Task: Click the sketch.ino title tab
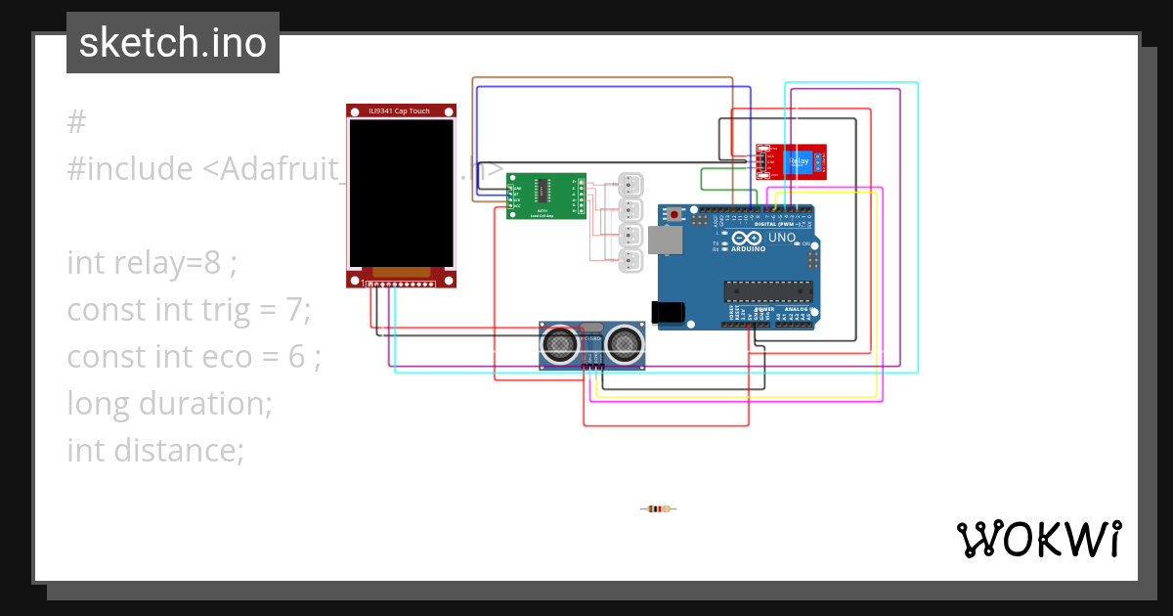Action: pos(172,43)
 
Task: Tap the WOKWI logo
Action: pos(1037,539)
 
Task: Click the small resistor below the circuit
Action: pos(659,508)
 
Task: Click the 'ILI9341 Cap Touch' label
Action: pos(401,111)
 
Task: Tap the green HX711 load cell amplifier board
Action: pos(545,197)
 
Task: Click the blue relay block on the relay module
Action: pos(799,161)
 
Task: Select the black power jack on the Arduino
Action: pos(668,312)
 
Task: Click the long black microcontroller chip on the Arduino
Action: pos(768,289)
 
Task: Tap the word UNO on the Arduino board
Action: pos(782,238)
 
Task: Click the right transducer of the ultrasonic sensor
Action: pos(624,342)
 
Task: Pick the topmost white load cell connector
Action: pos(631,184)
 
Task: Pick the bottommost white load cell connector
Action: pos(631,260)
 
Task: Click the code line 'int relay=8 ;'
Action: pos(152,262)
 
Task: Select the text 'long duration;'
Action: pos(169,403)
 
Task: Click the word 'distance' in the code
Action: pos(172,451)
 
